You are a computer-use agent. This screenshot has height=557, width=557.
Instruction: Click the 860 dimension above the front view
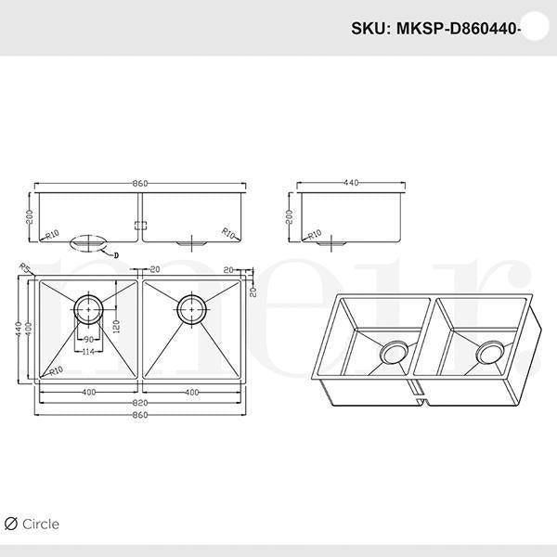point(139,184)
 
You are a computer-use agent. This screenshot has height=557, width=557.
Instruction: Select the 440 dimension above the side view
point(351,184)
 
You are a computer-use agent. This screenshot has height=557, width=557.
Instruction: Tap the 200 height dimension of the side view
point(290,218)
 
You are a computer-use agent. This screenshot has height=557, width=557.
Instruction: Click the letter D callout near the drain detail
point(117,252)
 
